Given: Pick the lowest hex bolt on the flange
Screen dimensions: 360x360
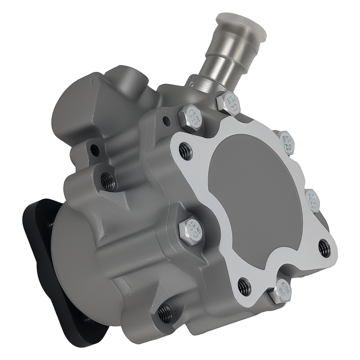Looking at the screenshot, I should click(x=279, y=291).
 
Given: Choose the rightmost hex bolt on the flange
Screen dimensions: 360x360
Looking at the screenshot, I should click(x=312, y=200).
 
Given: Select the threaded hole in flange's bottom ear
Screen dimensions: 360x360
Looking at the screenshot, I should click(x=245, y=287).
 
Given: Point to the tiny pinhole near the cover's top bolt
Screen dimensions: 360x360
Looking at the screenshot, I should click(x=166, y=119).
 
